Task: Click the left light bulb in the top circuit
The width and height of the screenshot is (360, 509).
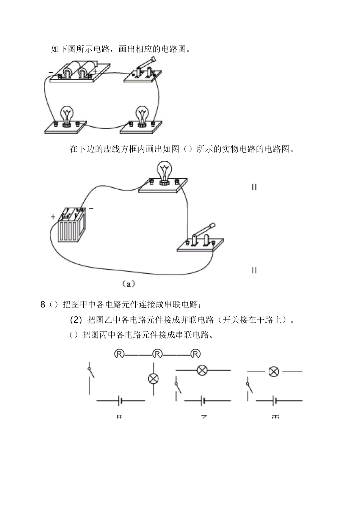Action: click(67, 116)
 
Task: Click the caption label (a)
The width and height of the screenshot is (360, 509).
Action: click(128, 283)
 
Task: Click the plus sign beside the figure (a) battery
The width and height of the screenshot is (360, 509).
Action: click(53, 217)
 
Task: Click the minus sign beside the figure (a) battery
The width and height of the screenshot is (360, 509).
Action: click(91, 208)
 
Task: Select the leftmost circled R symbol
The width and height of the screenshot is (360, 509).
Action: click(119, 354)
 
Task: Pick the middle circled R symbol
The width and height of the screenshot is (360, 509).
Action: click(157, 354)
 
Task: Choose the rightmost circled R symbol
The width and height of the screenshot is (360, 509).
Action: click(195, 354)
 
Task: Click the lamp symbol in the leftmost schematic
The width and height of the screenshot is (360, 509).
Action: click(153, 379)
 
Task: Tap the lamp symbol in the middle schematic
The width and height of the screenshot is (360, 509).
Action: click(202, 370)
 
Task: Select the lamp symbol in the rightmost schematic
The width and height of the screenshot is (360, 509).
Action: click(274, 372)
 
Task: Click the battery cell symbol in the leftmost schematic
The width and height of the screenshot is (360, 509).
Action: click(121, 400)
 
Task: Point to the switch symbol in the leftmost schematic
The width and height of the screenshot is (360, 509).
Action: click(90, 373)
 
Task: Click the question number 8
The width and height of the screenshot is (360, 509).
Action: click(43, 304)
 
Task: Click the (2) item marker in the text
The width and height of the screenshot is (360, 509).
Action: click(76, 320)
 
